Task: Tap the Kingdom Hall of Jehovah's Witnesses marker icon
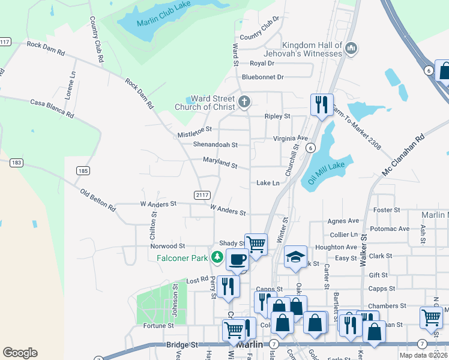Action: coord(352,48)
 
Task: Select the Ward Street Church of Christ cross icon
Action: coord(244,101)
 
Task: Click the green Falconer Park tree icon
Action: coord(217,258)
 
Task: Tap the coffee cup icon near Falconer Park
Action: coord(237,259)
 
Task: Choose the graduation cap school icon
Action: coord(295,256)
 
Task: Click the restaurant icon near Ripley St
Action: coord(322,104)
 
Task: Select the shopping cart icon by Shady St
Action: coord(256,244)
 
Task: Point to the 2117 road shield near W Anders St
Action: coord(202,194)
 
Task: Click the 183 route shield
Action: coord(16,163)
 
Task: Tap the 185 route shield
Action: coord(83,171)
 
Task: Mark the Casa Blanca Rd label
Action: coord(52,108)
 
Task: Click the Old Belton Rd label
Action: coord(98,200)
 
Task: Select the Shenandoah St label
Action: coord(215,145)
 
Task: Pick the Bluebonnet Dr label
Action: coord(262,77)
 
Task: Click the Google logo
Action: coord(20,353)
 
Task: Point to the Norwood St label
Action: coord(167,246)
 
